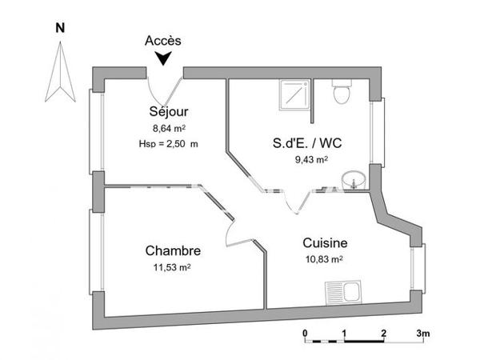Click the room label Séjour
click(x=169, y=111)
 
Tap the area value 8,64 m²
click(x=169, y=127)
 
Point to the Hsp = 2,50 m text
click(x=168, y=143)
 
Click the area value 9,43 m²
click(x=311, y=160)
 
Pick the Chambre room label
click(x=173, y=250)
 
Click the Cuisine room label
click(x=324, y=243)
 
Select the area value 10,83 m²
click(x=324, y=259)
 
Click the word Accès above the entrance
click(x=164, y=40)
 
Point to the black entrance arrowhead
click(x=164, y=58)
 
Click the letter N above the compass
click(x=58, y=27)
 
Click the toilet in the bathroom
click(x=341, y=91)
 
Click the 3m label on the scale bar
click(x=422, y=332)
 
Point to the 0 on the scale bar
click(x=305, y=332)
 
